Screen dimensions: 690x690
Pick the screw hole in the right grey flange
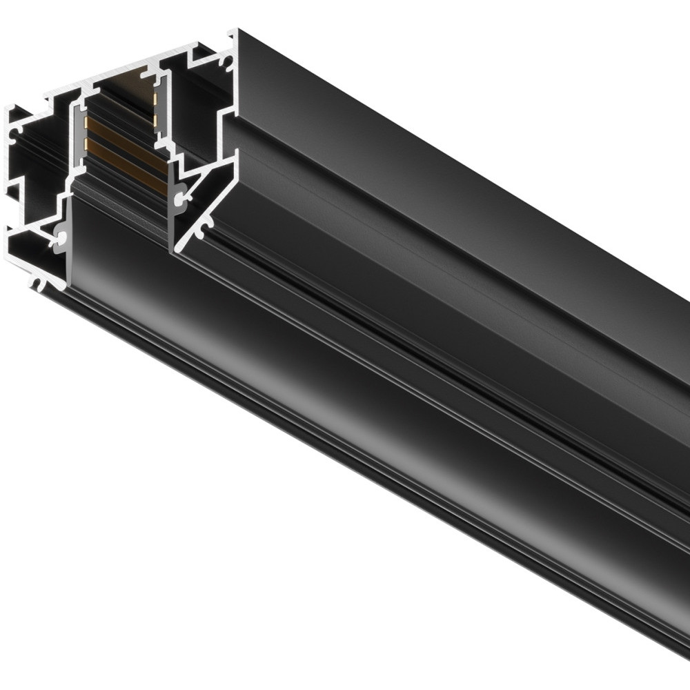[x=181, y=199]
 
